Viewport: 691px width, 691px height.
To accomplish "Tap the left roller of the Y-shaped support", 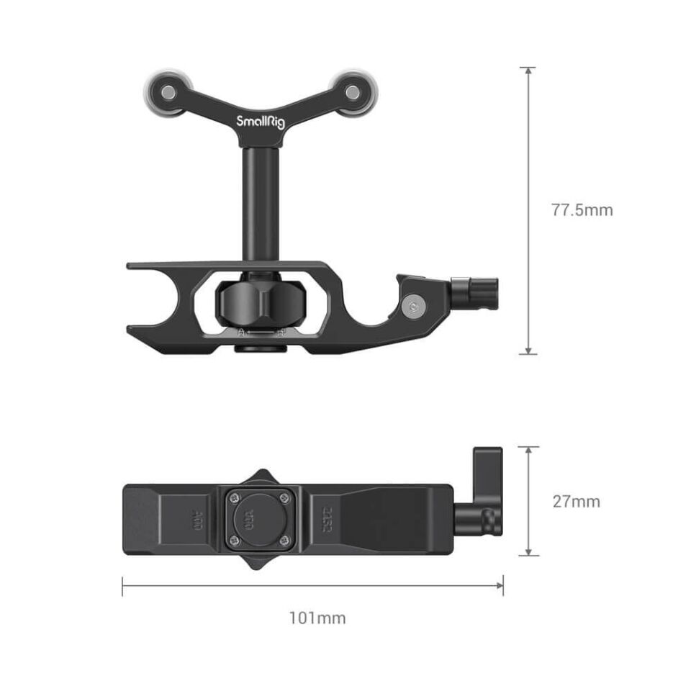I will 167,92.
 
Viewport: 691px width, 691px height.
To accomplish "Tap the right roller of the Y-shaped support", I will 352,92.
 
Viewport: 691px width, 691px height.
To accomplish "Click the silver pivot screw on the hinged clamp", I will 412,307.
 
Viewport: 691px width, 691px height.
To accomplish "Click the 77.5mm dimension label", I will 582,210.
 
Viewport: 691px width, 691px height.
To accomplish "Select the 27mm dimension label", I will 576,502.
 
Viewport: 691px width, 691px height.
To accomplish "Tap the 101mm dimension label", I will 317,618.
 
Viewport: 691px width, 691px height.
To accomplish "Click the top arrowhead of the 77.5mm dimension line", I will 529,71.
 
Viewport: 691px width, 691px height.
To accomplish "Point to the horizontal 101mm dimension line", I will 312,586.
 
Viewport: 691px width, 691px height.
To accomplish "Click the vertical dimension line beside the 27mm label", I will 529,501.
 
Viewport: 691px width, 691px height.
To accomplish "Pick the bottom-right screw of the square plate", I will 286,540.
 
